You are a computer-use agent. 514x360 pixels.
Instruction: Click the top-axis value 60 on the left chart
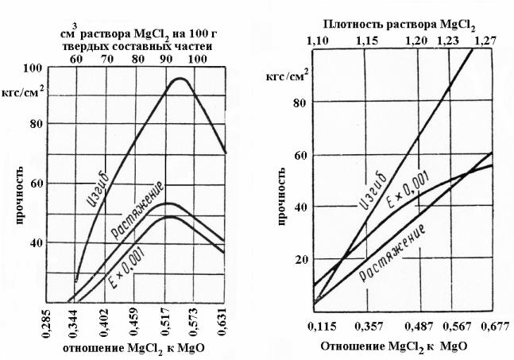76,59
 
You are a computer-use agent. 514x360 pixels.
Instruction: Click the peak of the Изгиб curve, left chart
180,79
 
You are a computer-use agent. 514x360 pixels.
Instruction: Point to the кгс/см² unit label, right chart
287,76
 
